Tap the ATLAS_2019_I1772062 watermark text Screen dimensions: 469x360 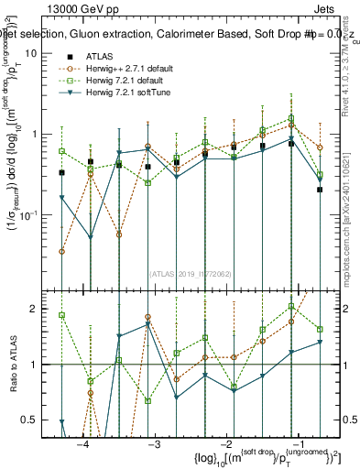pyautogui.click(x=191, y=273)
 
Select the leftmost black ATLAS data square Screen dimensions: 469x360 pyautogui.click(x=61, y=172)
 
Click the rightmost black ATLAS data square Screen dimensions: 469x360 pyautogui.click(x=320, y=190)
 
